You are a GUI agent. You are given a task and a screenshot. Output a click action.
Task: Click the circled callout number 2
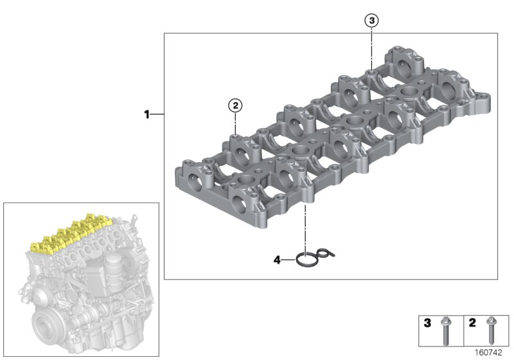coord(236,104)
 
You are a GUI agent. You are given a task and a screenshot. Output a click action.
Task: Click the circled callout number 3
coord(372,20)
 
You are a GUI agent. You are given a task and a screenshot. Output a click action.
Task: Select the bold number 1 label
coord(146,115)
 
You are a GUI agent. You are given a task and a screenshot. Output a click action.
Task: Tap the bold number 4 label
coord(277,260)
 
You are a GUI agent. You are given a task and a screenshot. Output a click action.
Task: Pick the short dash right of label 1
coord(157,115)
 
